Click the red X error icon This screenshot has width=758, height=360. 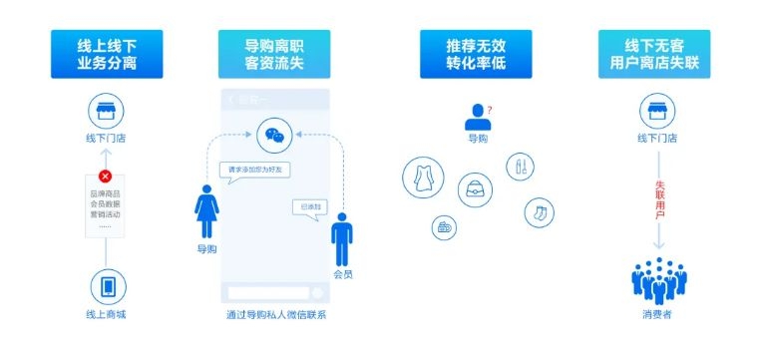105,177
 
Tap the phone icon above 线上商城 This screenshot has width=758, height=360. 107,286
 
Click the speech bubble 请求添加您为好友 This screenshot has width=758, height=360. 256,170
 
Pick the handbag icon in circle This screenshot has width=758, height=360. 476,188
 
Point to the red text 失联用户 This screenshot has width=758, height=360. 659,199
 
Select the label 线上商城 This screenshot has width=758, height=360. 107,316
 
